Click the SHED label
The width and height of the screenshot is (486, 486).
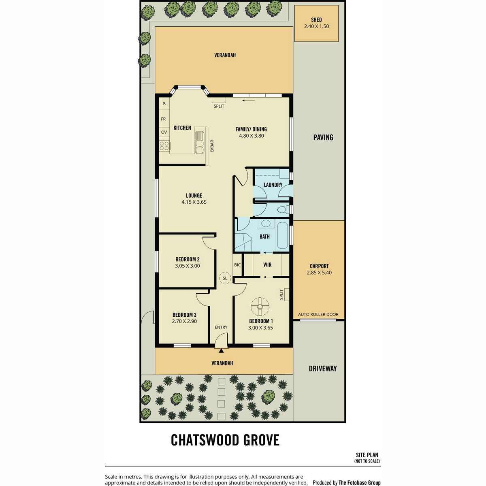pos(316,20)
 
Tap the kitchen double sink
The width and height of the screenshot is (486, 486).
pos(200,142)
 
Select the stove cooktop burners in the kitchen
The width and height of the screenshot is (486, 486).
pos(164,146)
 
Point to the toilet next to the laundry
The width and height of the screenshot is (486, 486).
pos(283,209)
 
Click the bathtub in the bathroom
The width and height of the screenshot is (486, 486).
pos(282,235)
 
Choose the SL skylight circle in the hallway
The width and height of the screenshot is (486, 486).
pos(225,278)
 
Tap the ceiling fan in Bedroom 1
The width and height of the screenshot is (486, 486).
pos(260,307)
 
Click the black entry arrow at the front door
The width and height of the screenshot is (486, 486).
pos(221,351)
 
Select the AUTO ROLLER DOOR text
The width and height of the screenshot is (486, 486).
pos(318,315)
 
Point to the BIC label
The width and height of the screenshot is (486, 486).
pos(237,265)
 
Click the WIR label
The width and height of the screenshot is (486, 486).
pos(267,264)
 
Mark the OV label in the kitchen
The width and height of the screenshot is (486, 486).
pos(164,132)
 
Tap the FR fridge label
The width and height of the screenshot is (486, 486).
pos(164,119)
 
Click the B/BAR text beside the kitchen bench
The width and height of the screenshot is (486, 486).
pos(212,146)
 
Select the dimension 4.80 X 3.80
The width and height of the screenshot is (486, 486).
pos(252,136)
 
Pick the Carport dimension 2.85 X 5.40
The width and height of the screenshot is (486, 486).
pos(319,273)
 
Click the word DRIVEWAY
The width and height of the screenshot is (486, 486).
pos(322,369)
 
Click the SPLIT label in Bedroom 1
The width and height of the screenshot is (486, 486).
pos(281,294)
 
